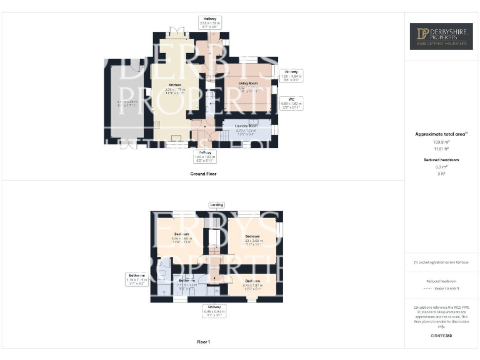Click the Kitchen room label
(175, 84)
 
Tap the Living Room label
(249, 82)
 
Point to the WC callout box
(291, 103)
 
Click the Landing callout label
(217, 204)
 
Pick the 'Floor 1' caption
(204, 341)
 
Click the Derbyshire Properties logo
(441, 37)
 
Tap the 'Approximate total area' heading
(441, 134)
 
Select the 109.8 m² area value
(441, 142)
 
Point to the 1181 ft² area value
(441, 149)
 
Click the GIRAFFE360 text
(441, 336)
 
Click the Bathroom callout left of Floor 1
(137, 279)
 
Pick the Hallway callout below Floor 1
(214, 311)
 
